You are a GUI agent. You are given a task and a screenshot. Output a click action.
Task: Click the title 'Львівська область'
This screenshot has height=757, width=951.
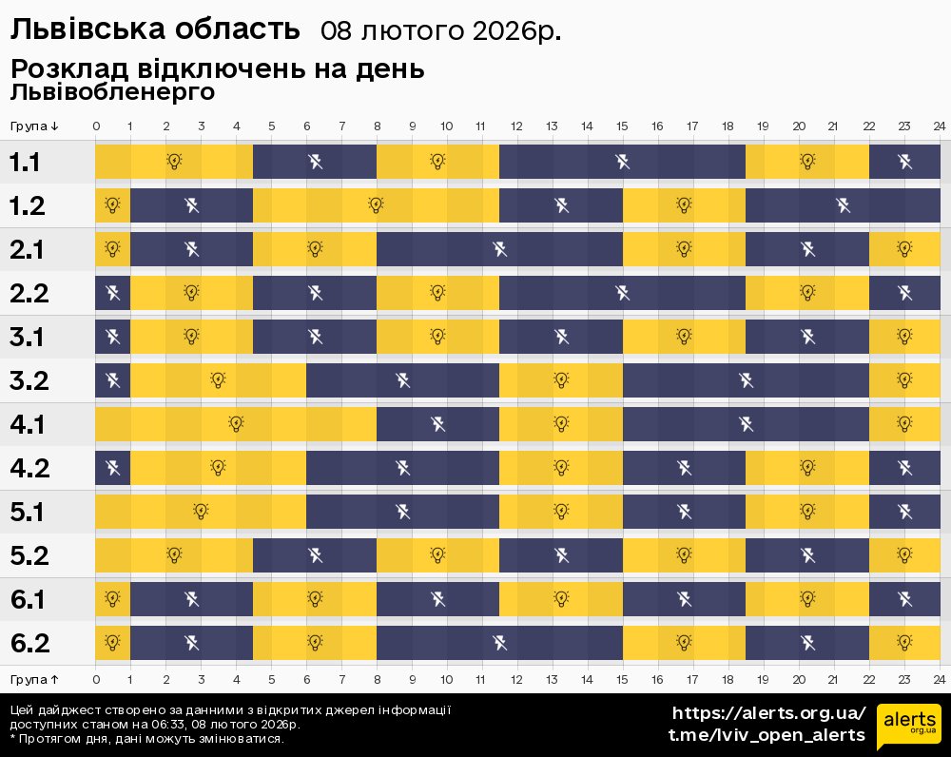155,30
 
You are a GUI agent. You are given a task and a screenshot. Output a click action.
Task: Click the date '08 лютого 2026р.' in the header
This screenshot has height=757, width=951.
440,31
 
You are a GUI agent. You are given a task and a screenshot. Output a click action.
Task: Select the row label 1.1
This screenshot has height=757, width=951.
25,162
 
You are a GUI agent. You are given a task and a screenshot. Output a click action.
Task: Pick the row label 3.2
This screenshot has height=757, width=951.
29,380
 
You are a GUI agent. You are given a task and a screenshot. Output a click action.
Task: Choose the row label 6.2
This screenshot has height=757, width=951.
29,643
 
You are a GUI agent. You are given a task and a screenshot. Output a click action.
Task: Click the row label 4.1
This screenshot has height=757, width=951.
27,424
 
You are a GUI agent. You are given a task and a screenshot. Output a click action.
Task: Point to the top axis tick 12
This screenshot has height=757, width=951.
516,126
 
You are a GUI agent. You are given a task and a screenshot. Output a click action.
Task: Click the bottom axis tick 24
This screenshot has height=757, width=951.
939,679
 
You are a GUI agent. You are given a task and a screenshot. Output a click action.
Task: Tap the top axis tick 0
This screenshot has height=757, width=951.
96,126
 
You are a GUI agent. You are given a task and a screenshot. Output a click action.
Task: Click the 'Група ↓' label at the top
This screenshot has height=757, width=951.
35,126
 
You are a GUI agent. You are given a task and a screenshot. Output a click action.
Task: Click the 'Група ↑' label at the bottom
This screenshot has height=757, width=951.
35,679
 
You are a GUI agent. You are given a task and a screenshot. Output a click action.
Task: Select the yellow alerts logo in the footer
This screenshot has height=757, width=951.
908,727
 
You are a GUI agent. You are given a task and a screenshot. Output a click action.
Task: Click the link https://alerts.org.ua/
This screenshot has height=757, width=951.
768,713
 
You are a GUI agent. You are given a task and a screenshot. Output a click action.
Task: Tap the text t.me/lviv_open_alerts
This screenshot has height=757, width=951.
767,735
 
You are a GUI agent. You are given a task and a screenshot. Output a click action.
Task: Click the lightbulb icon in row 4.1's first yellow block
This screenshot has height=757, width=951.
236,424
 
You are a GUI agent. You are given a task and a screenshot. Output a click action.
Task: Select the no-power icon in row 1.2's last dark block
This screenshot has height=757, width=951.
843,205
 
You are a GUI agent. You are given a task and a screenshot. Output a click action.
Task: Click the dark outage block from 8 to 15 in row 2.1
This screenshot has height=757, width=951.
499,249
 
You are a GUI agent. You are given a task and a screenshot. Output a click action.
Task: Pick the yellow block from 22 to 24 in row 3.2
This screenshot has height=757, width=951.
904,380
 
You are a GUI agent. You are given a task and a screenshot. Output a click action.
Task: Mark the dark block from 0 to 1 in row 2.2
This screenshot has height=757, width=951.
112,293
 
